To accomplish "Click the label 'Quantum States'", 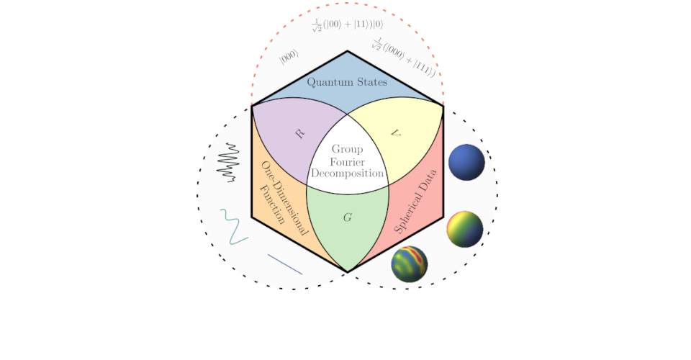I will tap(347, 82).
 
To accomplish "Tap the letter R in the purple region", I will tap(300, 133).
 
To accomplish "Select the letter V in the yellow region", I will tap(394, 133).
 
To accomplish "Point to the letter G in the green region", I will tap(348, 217).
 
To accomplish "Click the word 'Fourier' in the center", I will tap(348, 162).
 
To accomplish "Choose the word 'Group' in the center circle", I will tap(348, 150).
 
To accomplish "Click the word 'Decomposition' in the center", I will tap(348, 174).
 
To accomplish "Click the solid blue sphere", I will tap(466, 162).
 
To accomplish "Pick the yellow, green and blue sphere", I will tap(464, 230).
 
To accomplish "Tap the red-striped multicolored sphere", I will tap(410, 264).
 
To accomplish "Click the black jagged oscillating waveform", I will tap(229, 162).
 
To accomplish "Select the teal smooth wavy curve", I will tap(233, 226).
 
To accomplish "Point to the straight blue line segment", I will tap(285, 264).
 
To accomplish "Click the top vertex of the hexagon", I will tap(348, 51).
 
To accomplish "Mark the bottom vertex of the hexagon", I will tap(348, 271).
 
